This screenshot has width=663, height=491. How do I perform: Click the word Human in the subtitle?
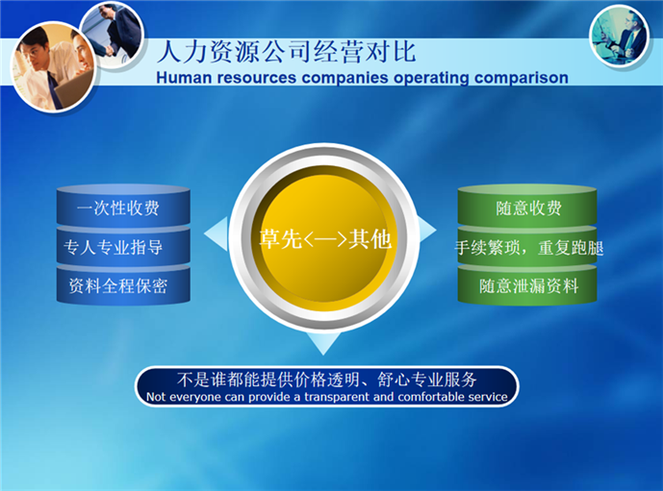pyautogui.click(x=185, y=77)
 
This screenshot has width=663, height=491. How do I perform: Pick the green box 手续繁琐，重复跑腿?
pyautogui.click(x=528, y=248)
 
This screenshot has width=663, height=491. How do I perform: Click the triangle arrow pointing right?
pyautogui.click(x=426, y=231)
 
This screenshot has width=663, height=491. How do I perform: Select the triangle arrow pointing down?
pyautogui.click(x=323, y=342)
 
